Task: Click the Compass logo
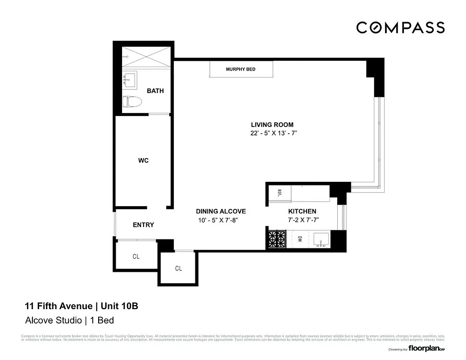[x=400, y=27]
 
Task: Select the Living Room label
[x=272, y=125]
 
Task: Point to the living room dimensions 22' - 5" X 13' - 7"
[x=272, y=134]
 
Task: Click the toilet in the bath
[x=132, y=102]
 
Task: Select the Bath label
[x=155, y=91]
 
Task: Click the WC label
[x=143, y=161]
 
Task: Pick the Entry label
[x=143, y=225]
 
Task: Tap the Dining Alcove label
[x=221, y=211]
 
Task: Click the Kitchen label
[x=302, y=211]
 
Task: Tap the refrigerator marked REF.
[x=279, y=193]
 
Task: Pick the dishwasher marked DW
[x=299, y=239]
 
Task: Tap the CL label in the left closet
[x=136, y=256]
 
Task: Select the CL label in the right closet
[x=178, y=269]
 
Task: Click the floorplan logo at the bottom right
[x=423, y=349]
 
